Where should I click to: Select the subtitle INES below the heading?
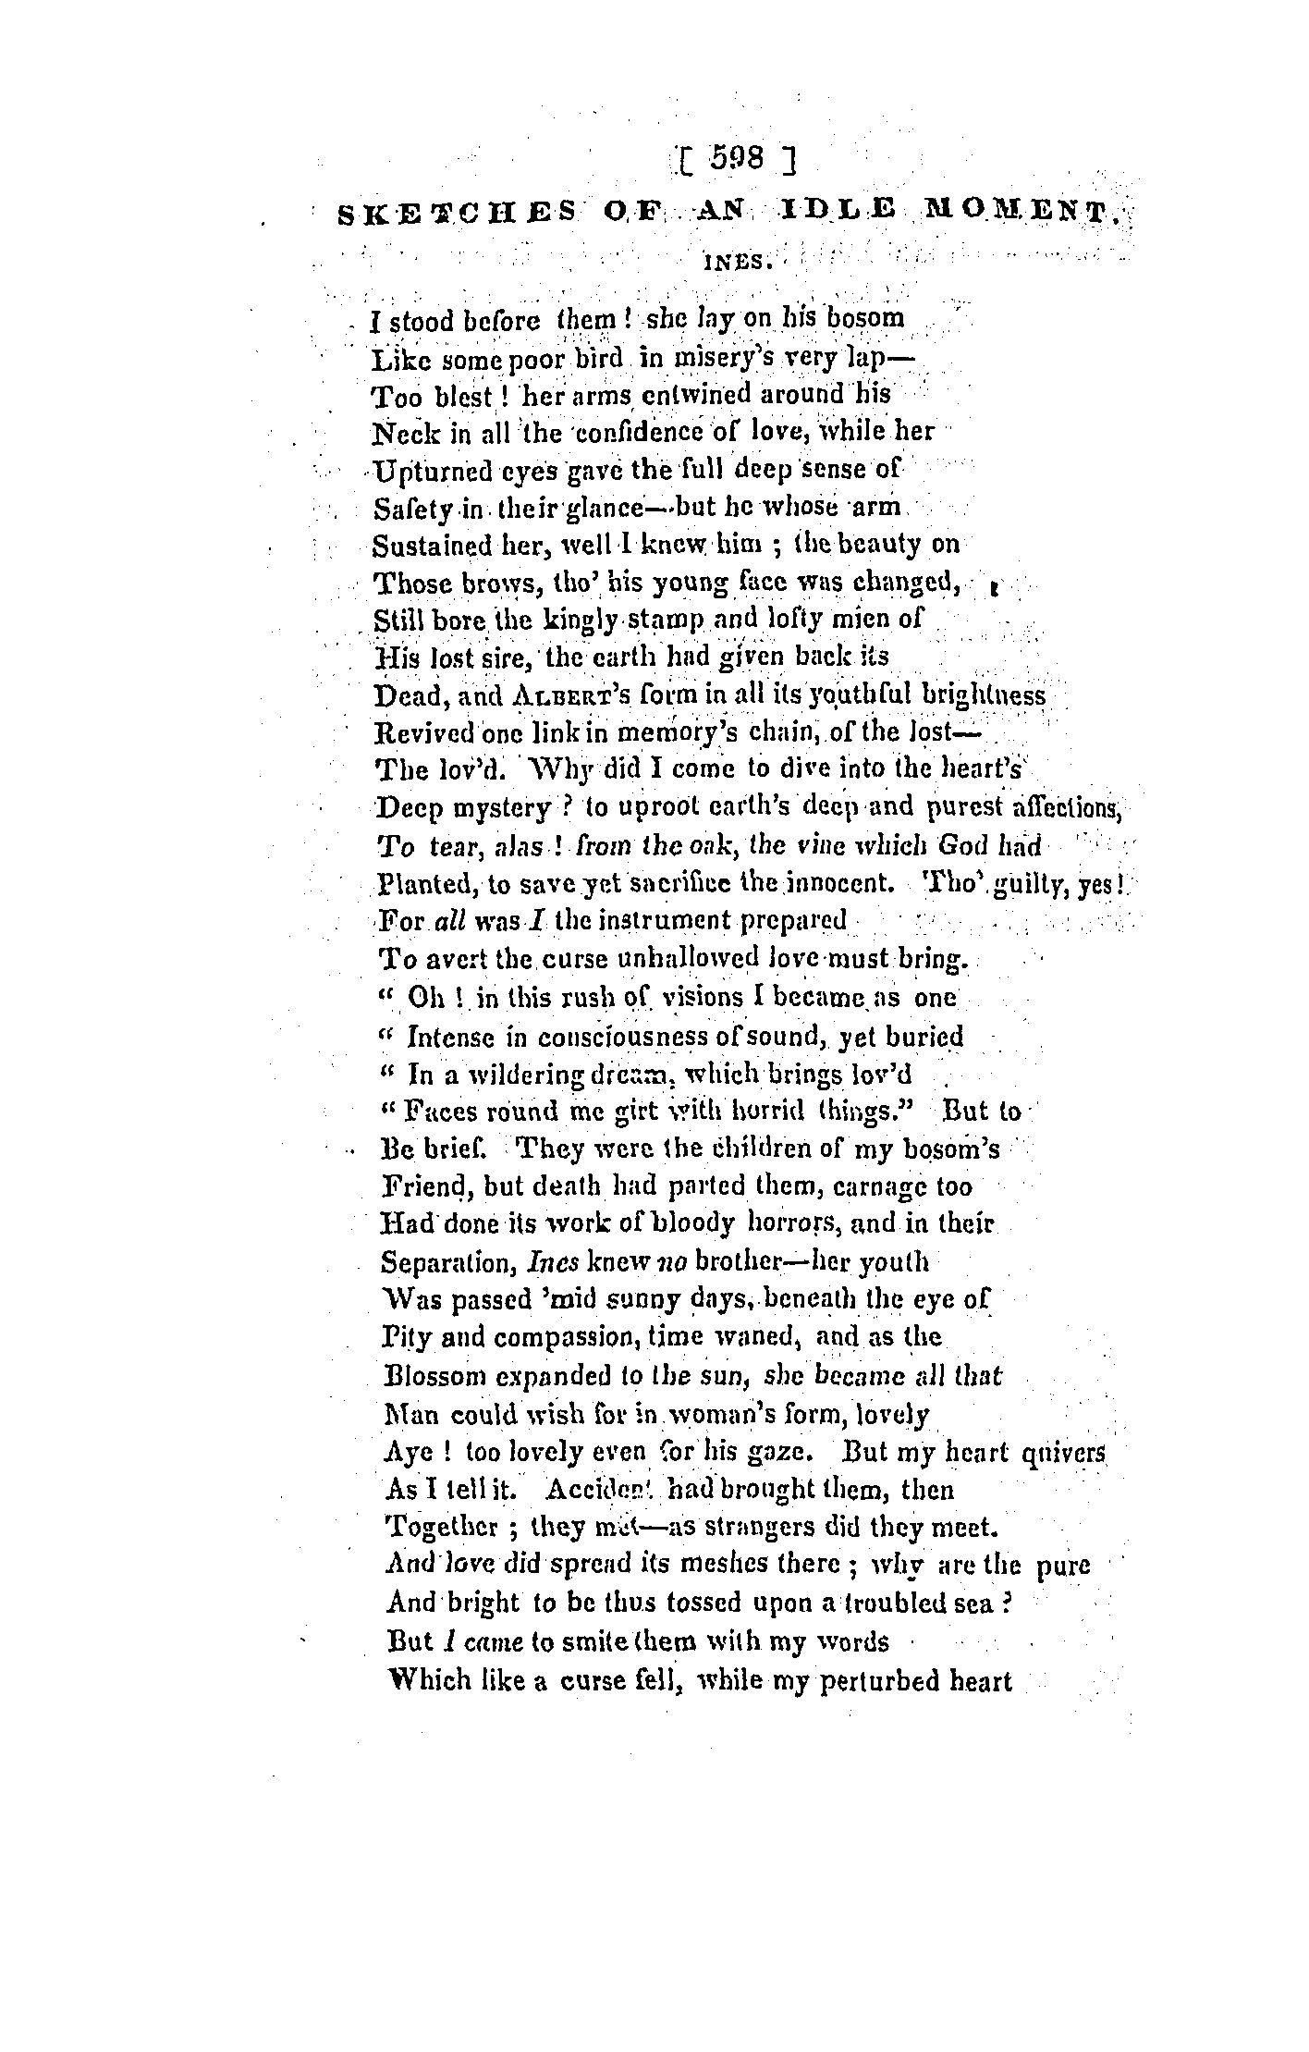pyautogui.click(x=735, y=262)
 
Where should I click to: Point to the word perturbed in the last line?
pyautogui.click(x=876, y=1679)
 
